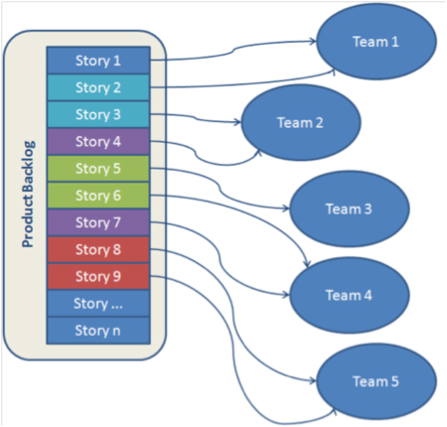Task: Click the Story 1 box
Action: [x=98, y=61]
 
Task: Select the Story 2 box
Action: [x=98, y=87]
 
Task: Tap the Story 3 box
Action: [x=98, y=114]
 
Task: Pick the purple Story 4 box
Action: [x=98, y=142]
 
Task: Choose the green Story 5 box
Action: [x=98, y=169]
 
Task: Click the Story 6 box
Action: [x=98, y=196]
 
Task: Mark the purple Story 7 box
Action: [x=98, y=222]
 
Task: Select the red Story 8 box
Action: [x=98, y=249]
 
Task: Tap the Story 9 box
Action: [x=98, y=276]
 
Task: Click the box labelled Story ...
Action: [x=98, y=304]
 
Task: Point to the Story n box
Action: [x=98, y=331]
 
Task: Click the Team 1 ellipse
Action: [x=376, y=42]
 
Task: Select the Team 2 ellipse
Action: [x=301, y=122]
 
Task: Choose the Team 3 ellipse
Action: [x=350, y=209]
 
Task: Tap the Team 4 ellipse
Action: [x=350, y=295]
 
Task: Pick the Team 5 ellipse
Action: [x=376, y=381]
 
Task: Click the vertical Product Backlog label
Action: [x=28, y=195]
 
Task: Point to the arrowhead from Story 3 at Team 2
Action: [x=237, y=122]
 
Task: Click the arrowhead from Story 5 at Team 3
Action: [x=286, y=209]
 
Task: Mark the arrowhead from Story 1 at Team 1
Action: [x=313, y=42]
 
